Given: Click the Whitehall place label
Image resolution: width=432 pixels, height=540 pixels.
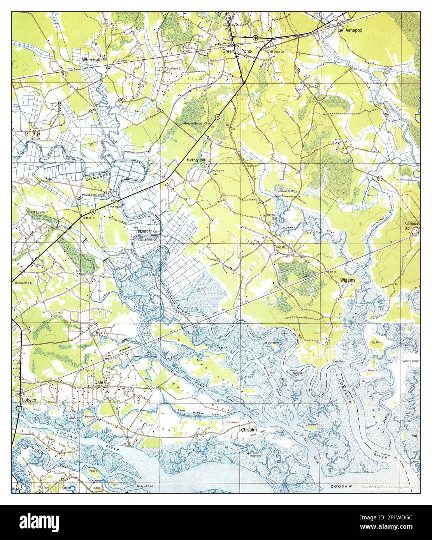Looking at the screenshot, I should [91, 59].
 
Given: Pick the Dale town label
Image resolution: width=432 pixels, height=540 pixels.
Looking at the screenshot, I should [98, 383].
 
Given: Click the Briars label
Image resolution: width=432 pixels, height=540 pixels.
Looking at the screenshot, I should [101, 333].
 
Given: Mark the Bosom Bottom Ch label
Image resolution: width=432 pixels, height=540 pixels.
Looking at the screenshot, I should [197, 124].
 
